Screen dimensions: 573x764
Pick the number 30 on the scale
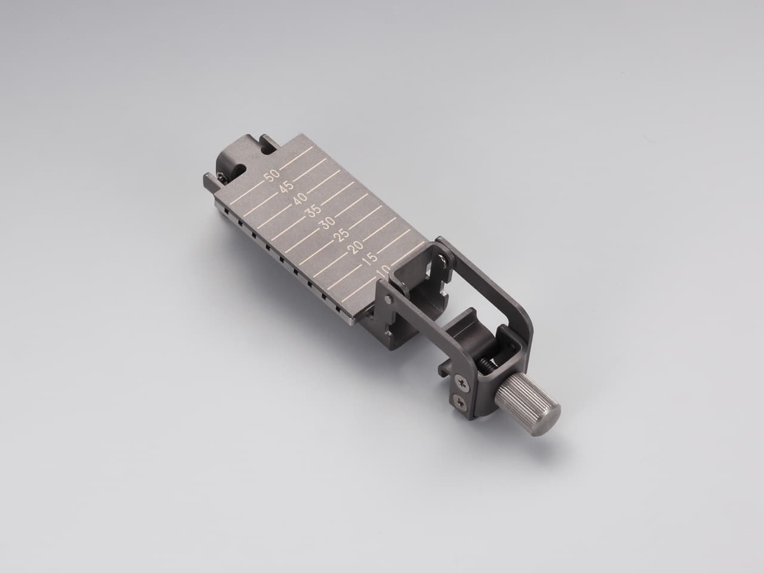(x=327, y=223)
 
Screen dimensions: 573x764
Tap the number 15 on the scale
(x=369, y=259)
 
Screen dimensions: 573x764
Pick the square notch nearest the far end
(x=225, y=210)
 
